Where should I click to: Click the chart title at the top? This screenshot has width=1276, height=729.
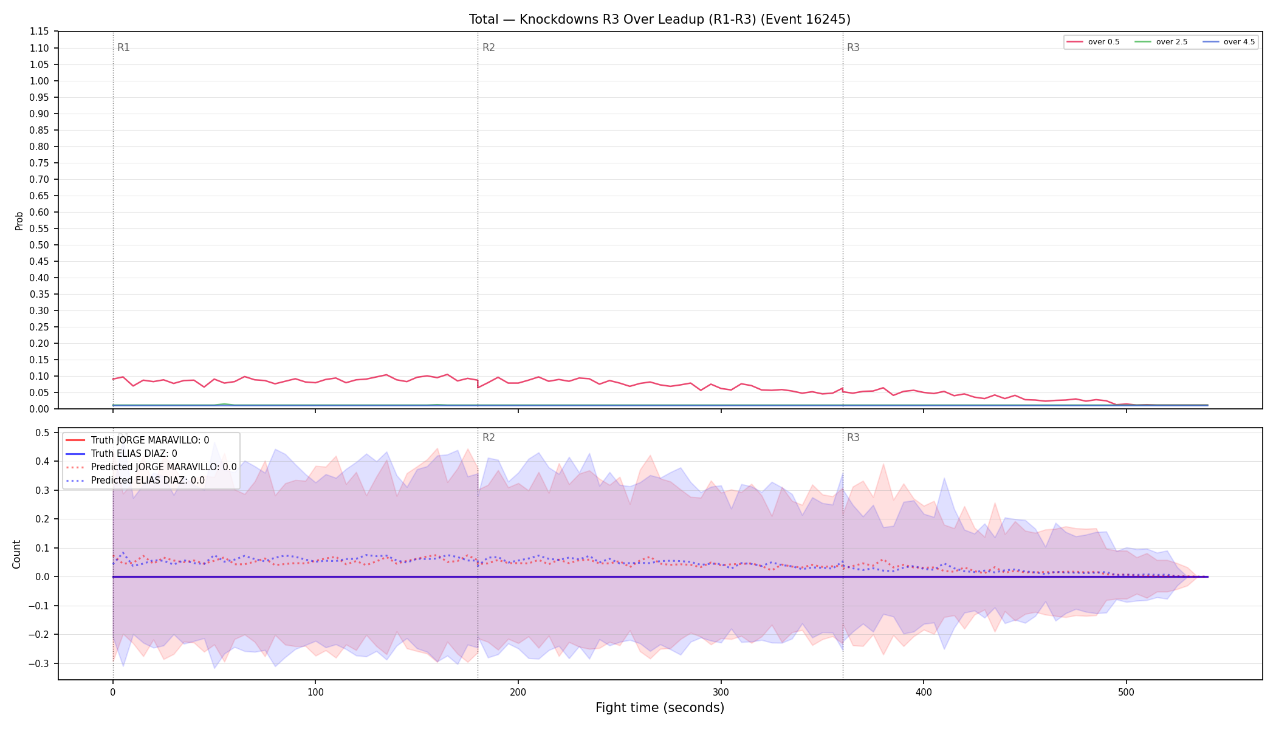pyautogui.click(x=659, y=19)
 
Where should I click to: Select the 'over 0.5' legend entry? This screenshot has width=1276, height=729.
pyautogui.click(x=1092, y=42)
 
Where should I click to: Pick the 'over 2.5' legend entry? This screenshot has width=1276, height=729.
pyautogui.click(x=1161, y=42)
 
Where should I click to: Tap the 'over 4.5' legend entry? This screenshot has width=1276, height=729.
pyautogui.click(x=1229, y=42)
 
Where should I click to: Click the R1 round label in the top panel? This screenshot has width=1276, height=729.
pyautogui.click(x=123, y=47)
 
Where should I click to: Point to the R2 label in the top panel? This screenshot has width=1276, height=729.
pyautogui.click(x=489, y=47)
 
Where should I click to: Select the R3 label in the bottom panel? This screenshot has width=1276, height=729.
pyautogui.click(x=853, y=437)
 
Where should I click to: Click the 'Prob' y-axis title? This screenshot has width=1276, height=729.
pyautogui.click(x=19, y=221)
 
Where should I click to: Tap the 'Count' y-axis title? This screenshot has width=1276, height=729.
pyautogui.click(x=16, y=554)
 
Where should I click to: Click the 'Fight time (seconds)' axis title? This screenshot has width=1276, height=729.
pyautogui.click(x=660, y=708)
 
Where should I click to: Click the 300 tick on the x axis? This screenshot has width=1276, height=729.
pyautogui.click(x=721, y=692)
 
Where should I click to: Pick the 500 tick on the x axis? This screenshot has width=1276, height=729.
pyautogui.click(x=1126, y=692)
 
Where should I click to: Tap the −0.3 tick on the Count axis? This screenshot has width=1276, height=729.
pyautogui.click(x=39, y=663)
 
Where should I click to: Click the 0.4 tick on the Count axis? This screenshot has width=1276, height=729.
pyautogui.click(x=43, y=461)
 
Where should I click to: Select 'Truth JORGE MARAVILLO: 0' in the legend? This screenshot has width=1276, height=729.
pyautogui.click(x=137, y=440)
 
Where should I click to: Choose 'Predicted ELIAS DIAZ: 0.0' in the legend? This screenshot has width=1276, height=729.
pyautogui.click(x=135, y=481)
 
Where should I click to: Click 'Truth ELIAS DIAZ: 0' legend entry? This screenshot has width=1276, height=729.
pyautogui.click(x=121, y=454)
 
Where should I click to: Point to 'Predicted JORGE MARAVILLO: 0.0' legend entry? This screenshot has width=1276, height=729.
pyautogui.click(x=151, y=467)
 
